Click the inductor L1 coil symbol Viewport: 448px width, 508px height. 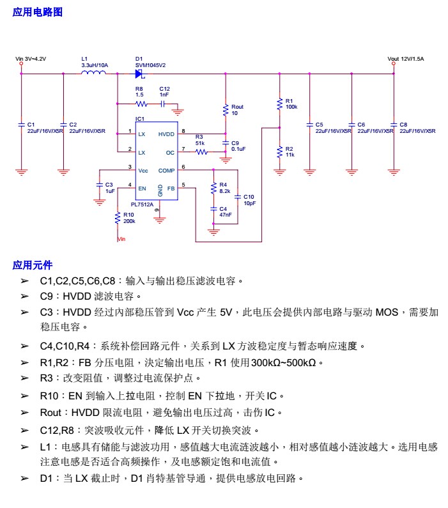93,73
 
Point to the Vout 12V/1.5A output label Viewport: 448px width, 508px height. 406,59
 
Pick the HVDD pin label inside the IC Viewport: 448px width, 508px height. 166,134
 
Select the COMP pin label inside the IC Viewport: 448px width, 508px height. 166,170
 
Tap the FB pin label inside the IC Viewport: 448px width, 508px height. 171,189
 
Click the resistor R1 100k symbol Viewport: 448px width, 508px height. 279,104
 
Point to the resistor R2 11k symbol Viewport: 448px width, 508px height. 279,151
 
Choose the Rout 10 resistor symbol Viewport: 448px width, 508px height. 225,110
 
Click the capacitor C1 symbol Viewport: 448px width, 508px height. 21,125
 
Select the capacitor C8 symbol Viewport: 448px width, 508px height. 394,125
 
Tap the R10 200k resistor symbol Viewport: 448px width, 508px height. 118,218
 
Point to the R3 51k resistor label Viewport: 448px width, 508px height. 199,140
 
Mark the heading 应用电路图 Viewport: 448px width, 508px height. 38,12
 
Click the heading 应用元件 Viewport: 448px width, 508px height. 33,265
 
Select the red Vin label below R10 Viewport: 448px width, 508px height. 121,239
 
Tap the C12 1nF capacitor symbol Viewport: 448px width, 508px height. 164,104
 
